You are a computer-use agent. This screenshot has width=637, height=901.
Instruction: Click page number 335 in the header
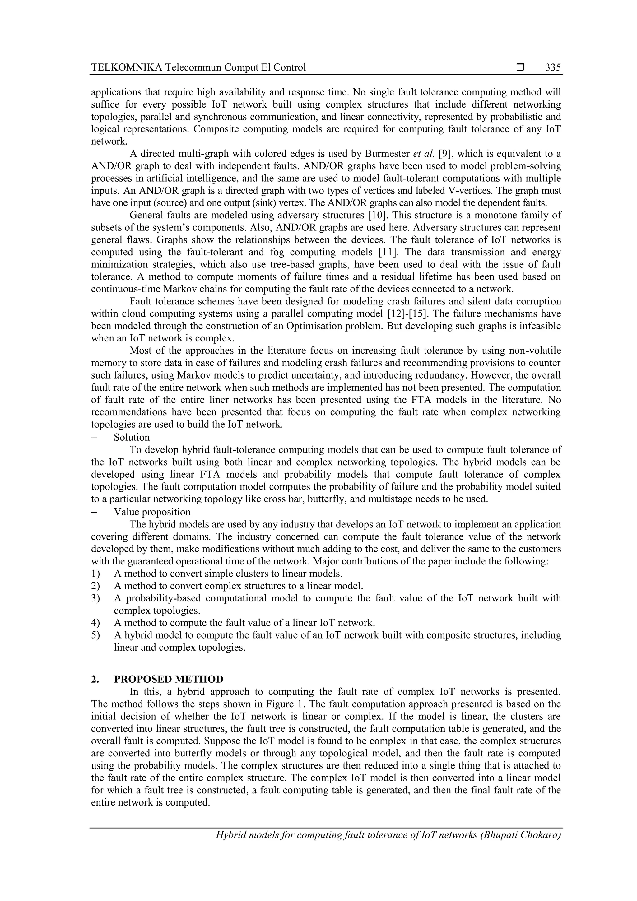pyautogui.click(x=553, y=67)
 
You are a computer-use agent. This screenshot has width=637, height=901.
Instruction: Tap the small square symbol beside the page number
pyautogui.click(x=520, y=67)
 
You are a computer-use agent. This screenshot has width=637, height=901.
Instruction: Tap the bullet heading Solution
pyautogui.click(x=132, y=437)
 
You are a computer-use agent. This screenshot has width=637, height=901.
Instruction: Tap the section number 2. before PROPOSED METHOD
pyautogui.click(x=95, y=679)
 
